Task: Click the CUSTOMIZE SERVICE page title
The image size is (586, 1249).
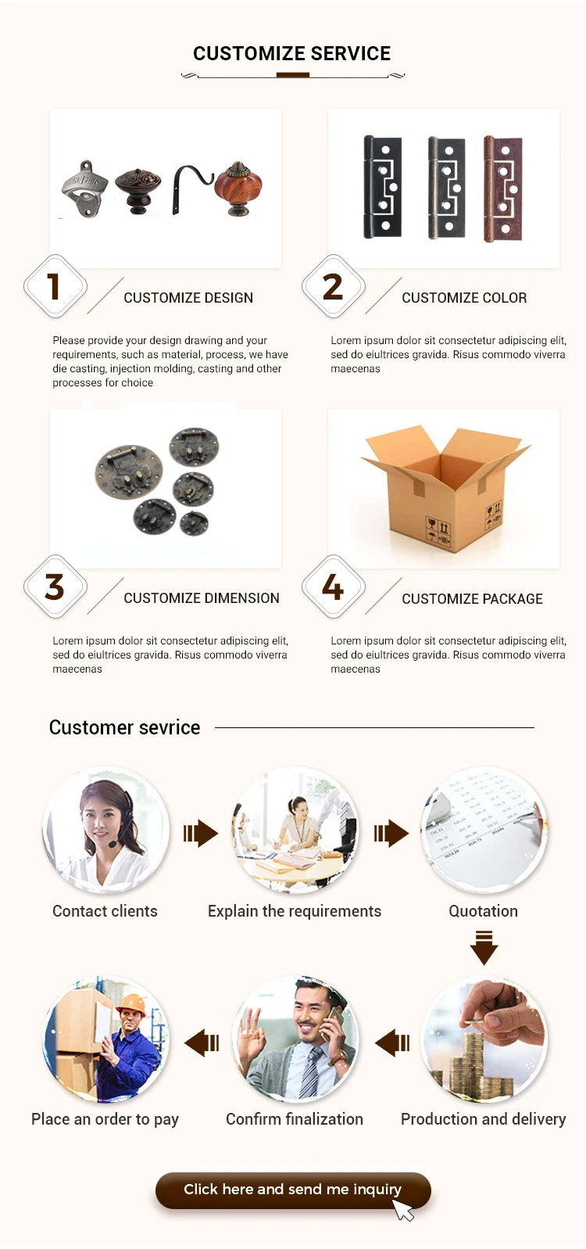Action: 291,54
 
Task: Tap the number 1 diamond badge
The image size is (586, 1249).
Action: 55,286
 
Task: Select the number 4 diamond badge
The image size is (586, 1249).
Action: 333,587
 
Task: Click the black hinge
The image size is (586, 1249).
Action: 382,188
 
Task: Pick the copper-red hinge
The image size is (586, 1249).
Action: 502,188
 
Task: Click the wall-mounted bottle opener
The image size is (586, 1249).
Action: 84,188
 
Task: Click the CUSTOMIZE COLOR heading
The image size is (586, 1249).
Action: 464,298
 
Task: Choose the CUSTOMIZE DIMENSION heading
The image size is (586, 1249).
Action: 202,598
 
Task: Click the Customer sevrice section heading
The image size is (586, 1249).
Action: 125,727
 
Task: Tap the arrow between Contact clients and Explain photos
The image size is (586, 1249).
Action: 201,833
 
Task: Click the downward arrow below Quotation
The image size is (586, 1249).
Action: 484,947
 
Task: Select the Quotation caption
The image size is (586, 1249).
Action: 483,911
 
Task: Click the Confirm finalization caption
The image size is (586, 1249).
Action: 295,1119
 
